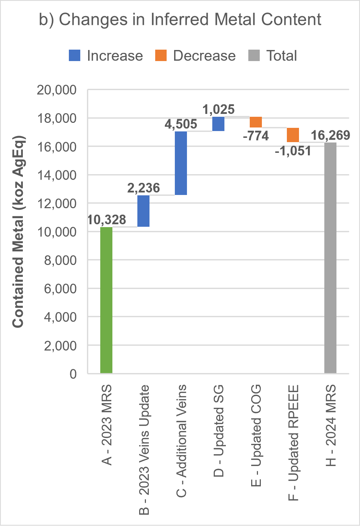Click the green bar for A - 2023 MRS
click(106, 300)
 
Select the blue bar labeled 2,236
click(143, 211)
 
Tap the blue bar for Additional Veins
click(181, 163)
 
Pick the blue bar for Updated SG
click(218, 124)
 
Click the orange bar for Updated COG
click(256, 122)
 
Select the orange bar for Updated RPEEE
click(293, 135)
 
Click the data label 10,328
click(107, 220)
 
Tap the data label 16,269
click(330, 135)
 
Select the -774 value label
click(256, 136)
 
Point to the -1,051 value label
click(293, 151)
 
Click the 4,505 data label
click(181, 124)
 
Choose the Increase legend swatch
click(75, 56)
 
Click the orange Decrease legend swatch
click(161, 56)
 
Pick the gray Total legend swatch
click(254, 56)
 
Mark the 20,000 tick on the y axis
click(57, 90)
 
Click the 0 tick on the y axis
click(73, 374)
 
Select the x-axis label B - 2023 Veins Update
click(144, 450)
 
